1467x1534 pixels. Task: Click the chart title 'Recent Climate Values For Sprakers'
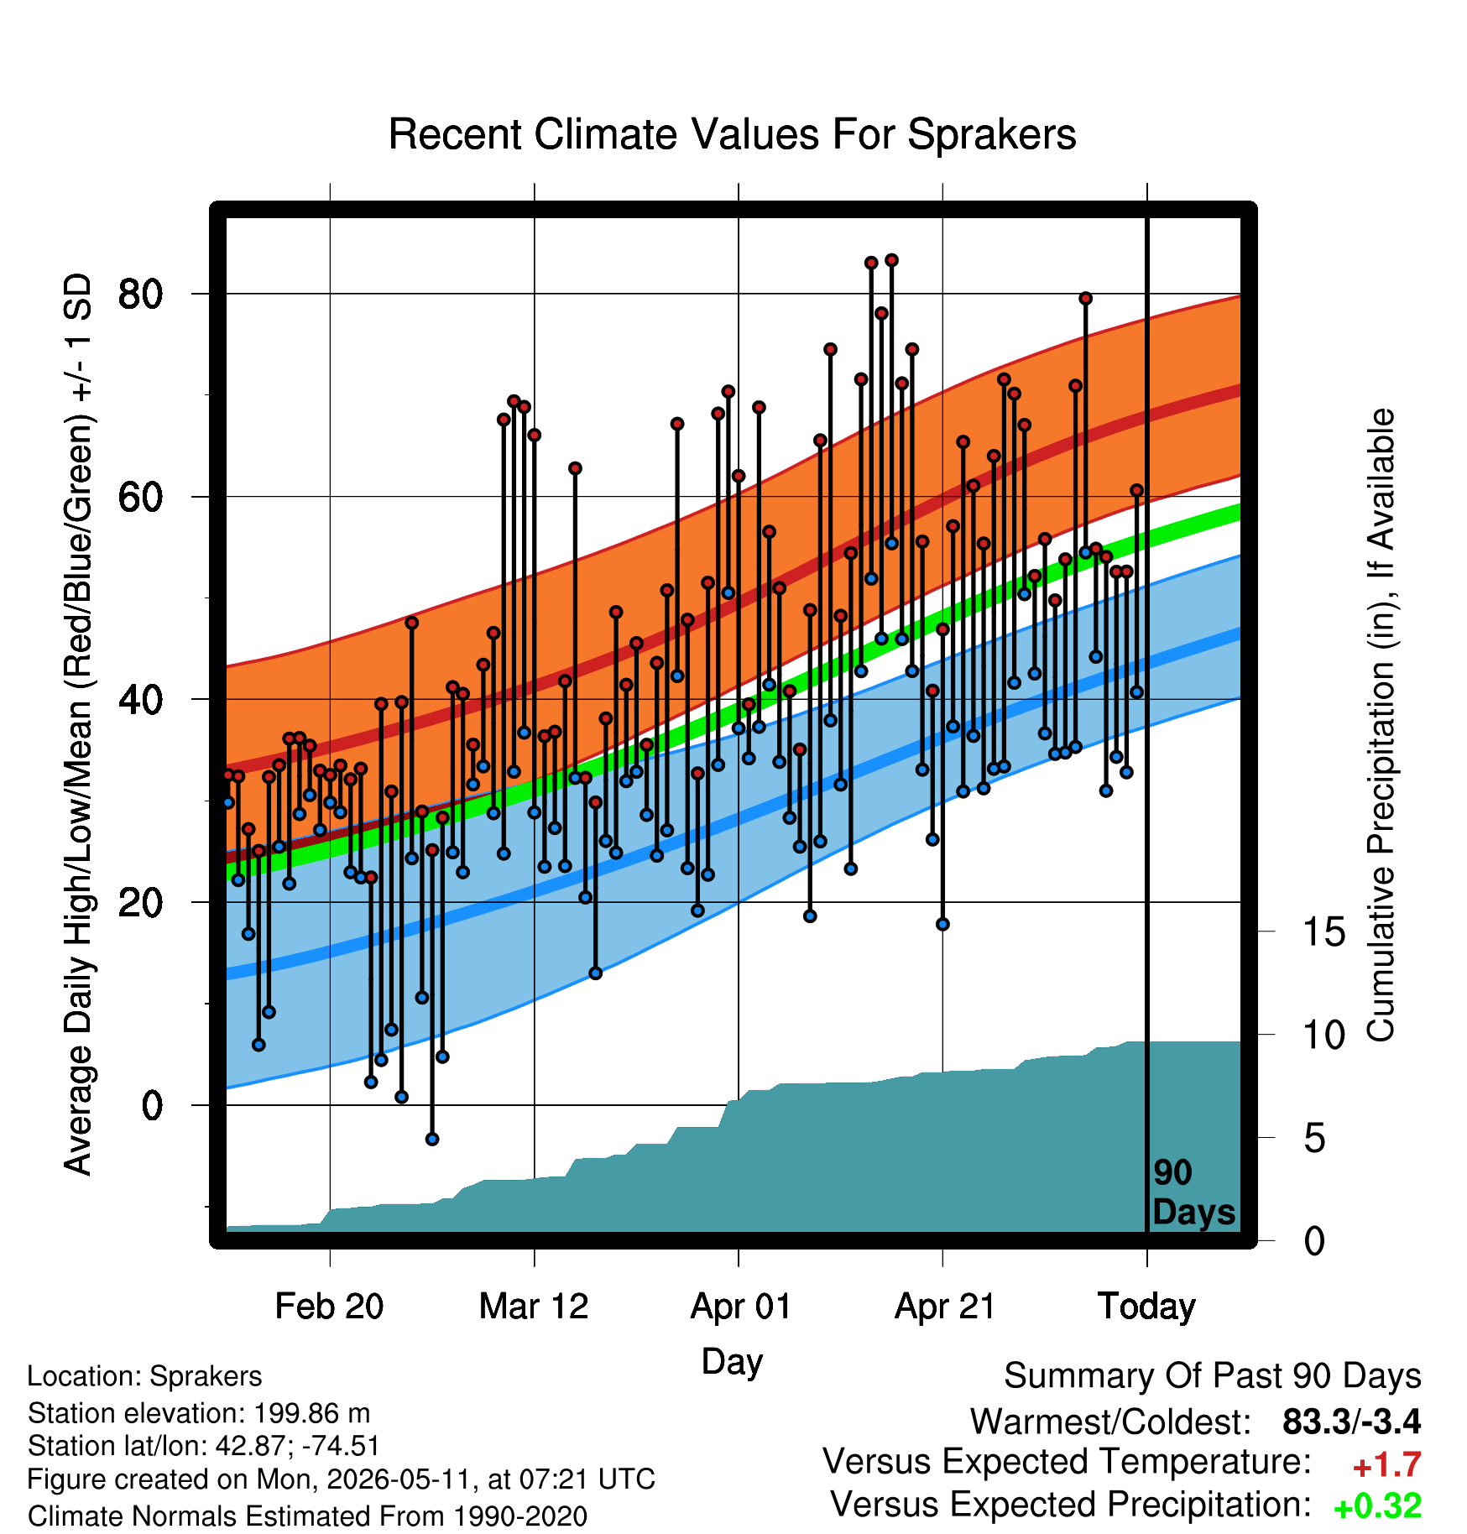pos(732,134)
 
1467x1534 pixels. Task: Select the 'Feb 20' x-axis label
pos(329,1307)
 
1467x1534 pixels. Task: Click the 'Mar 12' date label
pos(534,1307)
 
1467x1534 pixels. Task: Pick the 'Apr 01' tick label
pos(740,1307)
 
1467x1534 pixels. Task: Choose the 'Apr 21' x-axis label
pos(944,1307)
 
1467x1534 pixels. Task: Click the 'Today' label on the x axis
pos(1146,1307)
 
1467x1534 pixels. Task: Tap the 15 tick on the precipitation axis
pos(1323,932)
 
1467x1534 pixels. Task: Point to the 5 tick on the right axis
pos(1314,1139)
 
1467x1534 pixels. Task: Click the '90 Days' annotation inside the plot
pos(1193,1192)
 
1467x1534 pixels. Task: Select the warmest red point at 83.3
pos(891,260)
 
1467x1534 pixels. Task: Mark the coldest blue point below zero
pos(432,1139)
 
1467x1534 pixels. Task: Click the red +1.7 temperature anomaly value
pos(1386,1465)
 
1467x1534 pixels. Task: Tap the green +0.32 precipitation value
pos(1377,1506)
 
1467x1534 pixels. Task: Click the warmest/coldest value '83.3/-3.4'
pos(1352,1422)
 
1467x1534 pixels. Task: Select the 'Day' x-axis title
pos(732,1361)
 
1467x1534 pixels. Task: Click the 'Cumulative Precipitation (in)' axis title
pos(1381,724)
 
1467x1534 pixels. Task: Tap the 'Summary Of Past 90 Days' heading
pos(1213,1376)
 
